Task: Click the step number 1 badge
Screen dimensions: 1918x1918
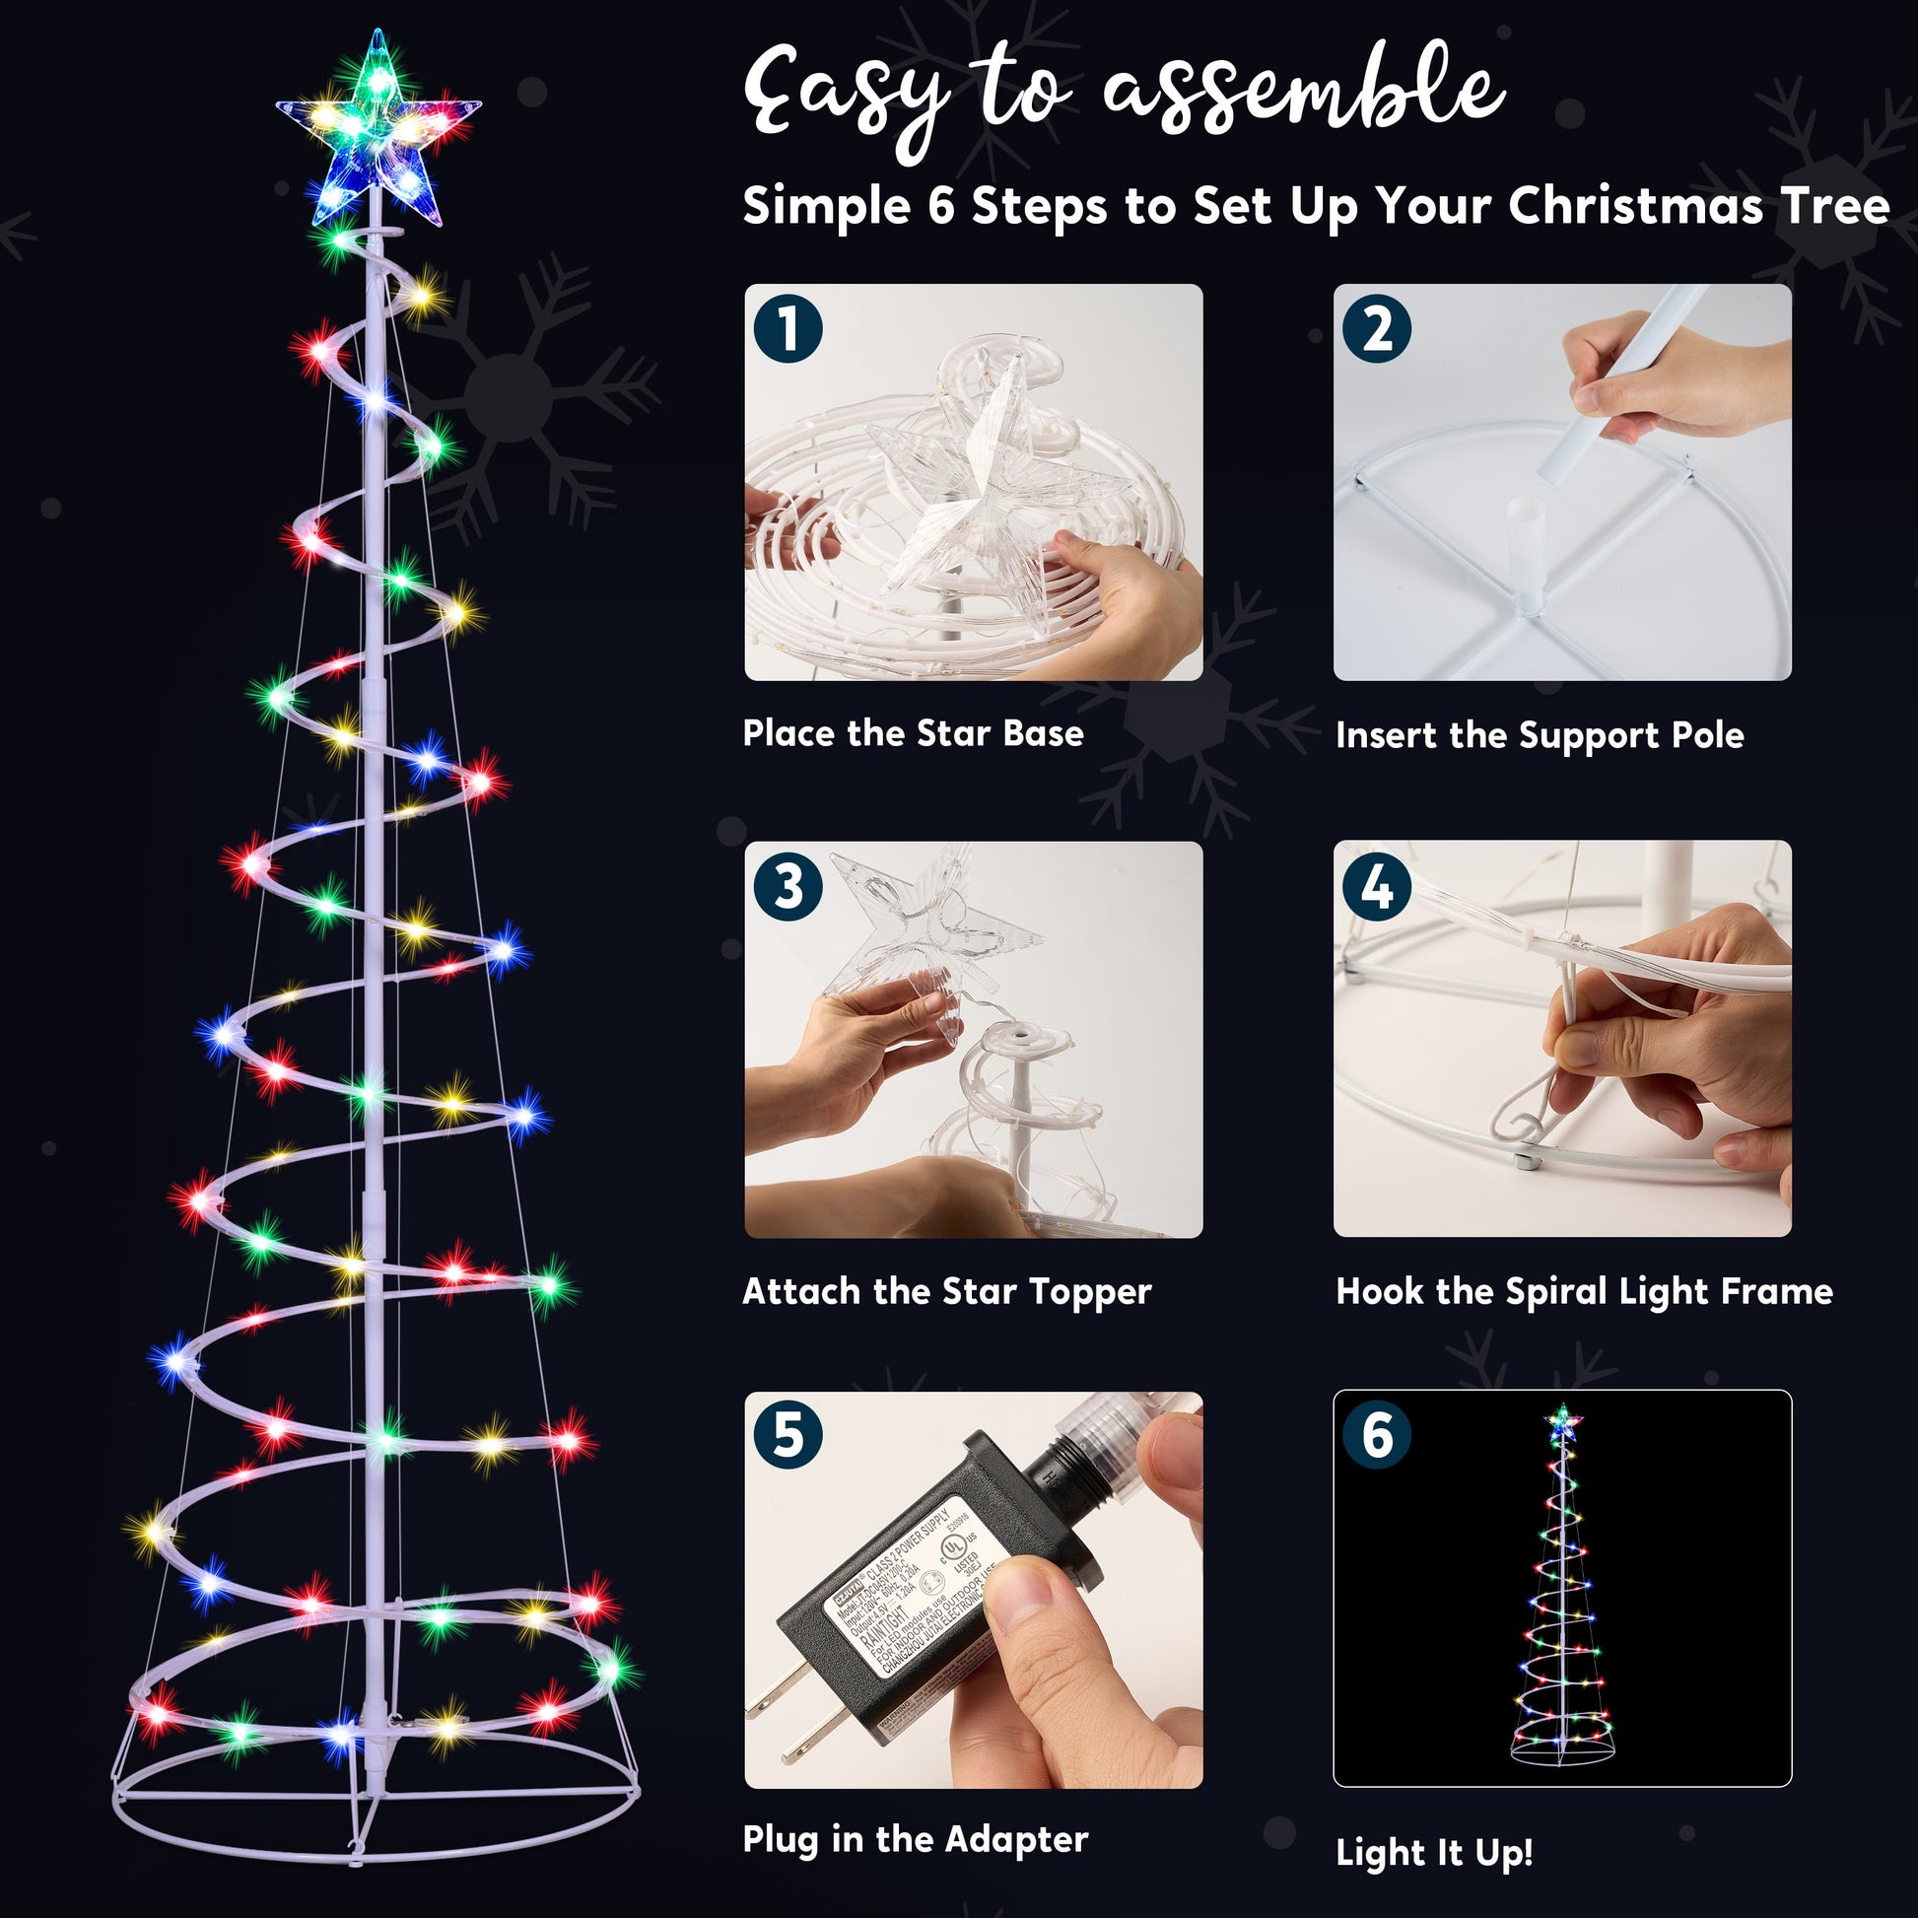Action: (788, 328)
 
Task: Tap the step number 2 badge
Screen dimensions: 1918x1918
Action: (1376, 328)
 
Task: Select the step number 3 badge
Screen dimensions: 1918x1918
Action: (788, 885)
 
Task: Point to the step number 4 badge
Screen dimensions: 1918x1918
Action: (1376, 885)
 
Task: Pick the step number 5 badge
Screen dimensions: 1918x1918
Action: (788, 1434)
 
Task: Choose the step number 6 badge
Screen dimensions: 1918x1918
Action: (1376, 1434)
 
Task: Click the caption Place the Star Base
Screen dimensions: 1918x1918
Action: (913, 732)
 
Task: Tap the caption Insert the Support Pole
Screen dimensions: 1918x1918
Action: (1539, 734)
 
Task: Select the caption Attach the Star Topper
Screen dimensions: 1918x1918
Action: (946, 1290)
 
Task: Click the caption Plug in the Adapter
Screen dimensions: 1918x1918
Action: (915, 1839)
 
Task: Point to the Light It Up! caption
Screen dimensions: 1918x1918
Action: (1433, 1853)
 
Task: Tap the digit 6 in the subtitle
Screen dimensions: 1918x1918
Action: (940, 207)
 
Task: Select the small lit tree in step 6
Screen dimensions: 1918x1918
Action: (1562, 1589)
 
